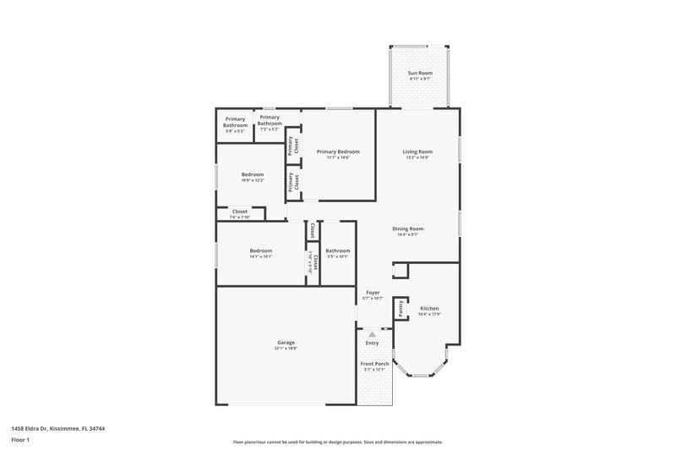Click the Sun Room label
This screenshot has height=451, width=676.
coord(420,74)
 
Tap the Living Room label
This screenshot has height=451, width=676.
coord(417,151)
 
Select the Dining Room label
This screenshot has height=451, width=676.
coord(407,228)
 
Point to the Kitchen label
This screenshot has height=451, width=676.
coord(429,308)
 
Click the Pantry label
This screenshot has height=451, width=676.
coord(401,309)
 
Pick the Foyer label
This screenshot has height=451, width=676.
coord(373,292)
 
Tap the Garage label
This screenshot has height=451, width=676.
coord(286,342)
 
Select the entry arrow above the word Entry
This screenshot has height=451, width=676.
coord(372,335)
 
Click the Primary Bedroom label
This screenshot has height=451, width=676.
coord(338,151)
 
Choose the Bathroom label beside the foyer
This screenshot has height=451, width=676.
coord(338,250)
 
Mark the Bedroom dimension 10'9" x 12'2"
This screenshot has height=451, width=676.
coord(253,180)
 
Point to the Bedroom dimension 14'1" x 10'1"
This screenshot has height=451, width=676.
coord(260,256)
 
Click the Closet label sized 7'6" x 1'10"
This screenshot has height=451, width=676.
coord(240,212)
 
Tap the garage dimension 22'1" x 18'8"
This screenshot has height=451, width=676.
coord(286,348)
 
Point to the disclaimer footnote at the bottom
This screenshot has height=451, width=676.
coord(338,442)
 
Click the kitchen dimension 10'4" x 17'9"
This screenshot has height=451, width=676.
coord(429,314)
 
